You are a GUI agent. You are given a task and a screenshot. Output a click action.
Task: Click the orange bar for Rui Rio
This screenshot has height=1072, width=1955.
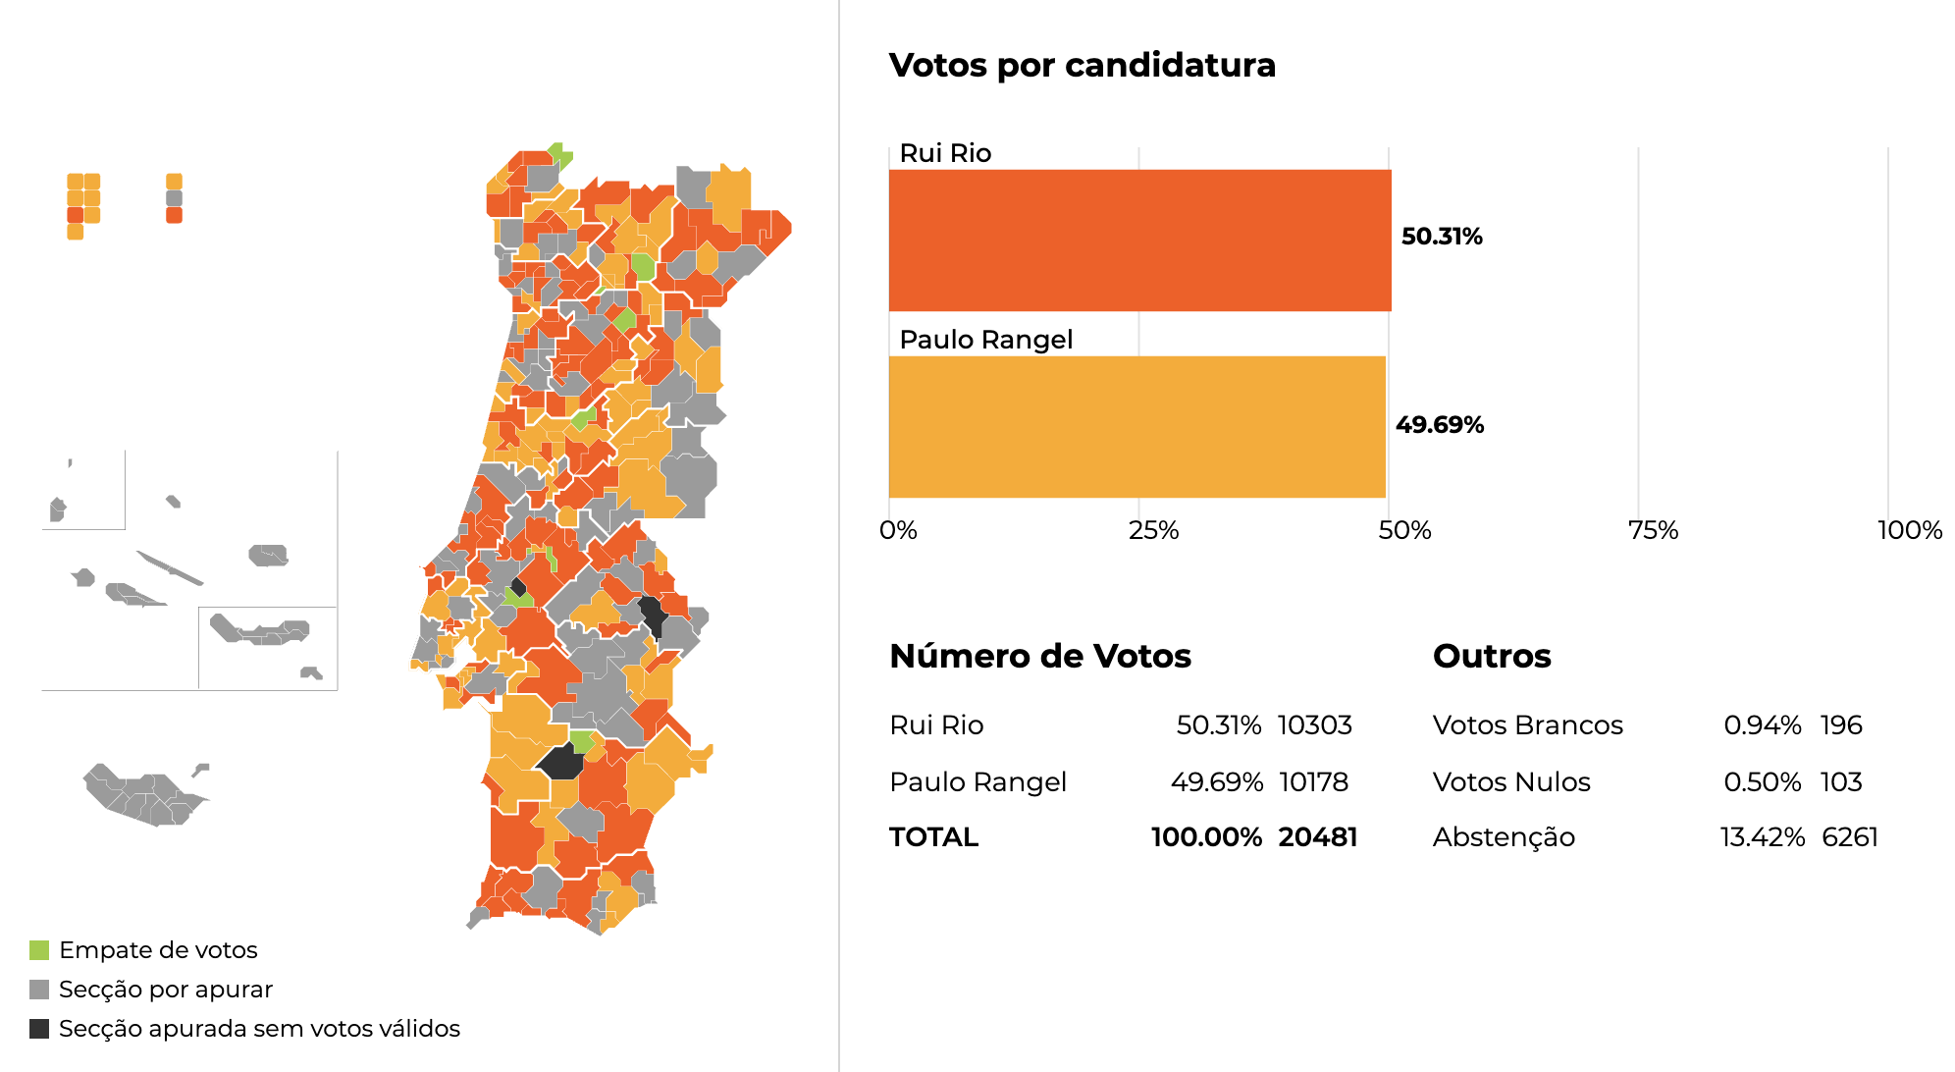pos(1139,241)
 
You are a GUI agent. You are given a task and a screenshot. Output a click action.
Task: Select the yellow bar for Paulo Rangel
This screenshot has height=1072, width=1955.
pos(1136,427)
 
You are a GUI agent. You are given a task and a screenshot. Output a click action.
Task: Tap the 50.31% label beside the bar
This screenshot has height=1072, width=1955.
pos(1442,237)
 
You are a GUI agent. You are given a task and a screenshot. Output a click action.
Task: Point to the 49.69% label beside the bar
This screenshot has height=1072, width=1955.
pos(1440,425)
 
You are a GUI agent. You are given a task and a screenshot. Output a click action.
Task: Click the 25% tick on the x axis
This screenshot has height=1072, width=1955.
pos(1153,531)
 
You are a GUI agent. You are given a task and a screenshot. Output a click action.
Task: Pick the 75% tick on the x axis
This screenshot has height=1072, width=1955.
pos(1653,531)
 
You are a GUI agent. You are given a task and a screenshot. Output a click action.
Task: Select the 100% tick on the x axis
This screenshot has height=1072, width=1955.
pos(1910,531)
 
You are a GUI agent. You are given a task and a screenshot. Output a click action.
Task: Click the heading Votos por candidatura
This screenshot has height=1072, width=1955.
pos(1082,65)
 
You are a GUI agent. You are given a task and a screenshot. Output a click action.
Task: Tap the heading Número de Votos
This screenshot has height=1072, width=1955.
pos(1040,656)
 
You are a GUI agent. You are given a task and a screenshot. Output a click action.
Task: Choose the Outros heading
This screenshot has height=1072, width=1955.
pos(1492,656)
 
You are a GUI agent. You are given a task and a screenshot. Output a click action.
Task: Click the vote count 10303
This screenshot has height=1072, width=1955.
pos(1315,725)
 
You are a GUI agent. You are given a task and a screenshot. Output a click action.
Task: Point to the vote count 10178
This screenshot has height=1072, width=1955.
pos(1314,782)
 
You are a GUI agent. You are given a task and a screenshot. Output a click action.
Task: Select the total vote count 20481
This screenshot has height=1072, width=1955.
pos(1318,837)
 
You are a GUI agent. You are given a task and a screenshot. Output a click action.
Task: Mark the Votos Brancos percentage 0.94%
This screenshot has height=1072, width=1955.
pos(1763,725)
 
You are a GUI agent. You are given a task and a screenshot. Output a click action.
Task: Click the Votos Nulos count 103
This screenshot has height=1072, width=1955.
pos(1841,782)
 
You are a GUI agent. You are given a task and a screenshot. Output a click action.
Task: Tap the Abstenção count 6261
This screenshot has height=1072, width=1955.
pos(1850,837)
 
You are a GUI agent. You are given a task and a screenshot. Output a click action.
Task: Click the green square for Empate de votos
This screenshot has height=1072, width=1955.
pos(39,950)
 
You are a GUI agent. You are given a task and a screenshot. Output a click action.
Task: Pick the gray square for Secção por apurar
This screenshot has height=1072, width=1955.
pos(39,990)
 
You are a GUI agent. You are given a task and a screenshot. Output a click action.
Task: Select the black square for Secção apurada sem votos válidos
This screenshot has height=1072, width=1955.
pos(39,1029)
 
